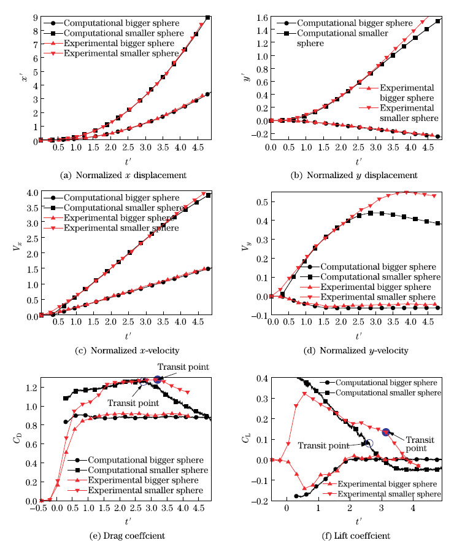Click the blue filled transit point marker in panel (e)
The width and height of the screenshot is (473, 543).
point(158,380)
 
